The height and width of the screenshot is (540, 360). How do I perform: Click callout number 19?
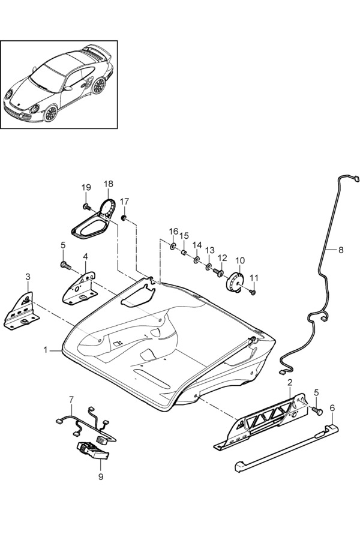[x=85, y=187]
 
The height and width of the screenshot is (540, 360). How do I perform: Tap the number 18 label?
[x=108, y=184]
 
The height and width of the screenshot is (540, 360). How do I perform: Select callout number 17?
[x=124, y=201]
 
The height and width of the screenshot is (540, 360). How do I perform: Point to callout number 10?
[x=240, y=261]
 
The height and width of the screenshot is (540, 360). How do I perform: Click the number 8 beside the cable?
[x=341, y=250]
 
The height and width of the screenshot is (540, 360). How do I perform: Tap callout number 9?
[x=101, y=476]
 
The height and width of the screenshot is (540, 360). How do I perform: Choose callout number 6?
[x=332, y=408]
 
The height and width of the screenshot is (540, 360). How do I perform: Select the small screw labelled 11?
[x=253, y=292]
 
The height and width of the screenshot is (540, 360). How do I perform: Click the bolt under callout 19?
[x=86, y=206]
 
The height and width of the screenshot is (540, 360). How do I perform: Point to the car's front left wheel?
[x=49, y=113]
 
